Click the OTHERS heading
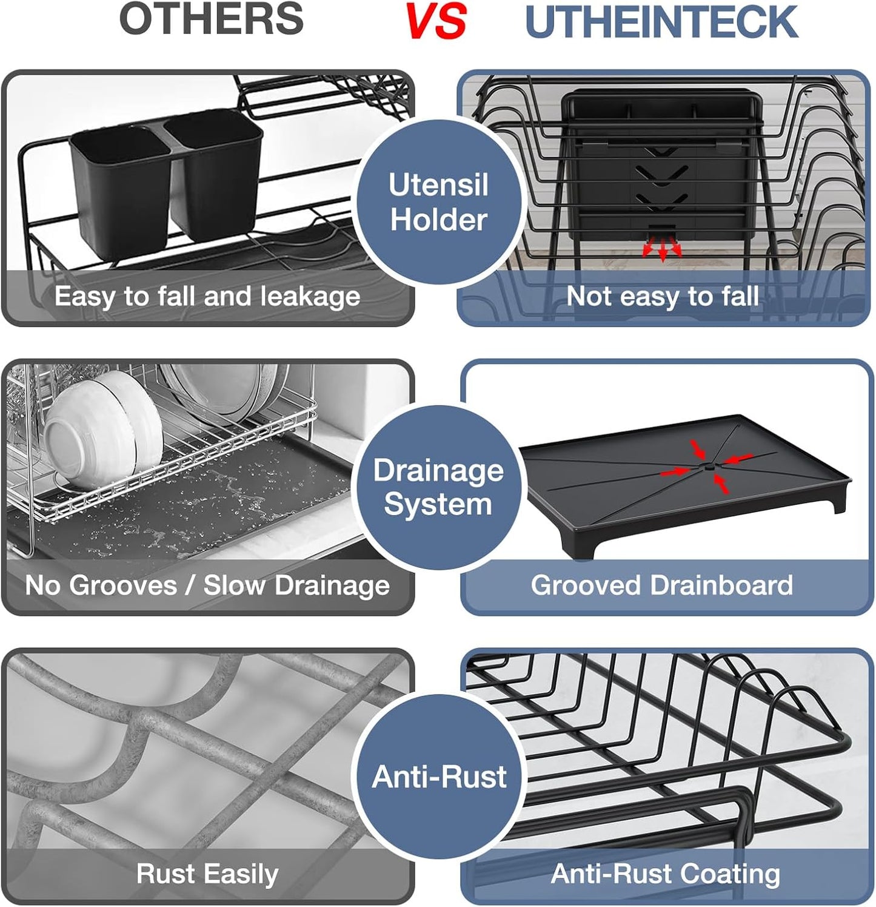[x=212, y=19]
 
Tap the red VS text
[x=435, y=22]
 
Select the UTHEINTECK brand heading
[x=661, y=22]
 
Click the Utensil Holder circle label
[x=438, y=202]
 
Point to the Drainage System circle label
[x=438, y=487]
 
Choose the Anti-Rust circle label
[x=439, y=777]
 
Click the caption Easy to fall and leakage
[x=207, y=297]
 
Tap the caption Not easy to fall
[x=662, y=297]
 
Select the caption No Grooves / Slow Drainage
[x=207, y=585]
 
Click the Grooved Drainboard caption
[x=662, y=585]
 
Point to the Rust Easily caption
[x=207, y=874]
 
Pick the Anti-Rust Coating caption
[x=665, y=874]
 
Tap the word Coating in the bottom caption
[x=730, y=874]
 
